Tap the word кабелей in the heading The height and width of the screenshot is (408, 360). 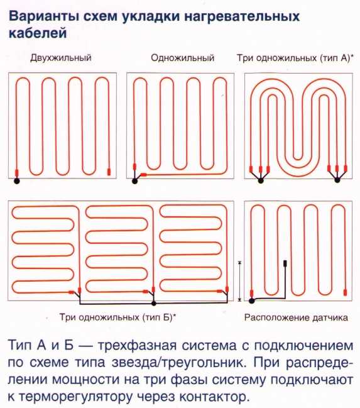(38, 33)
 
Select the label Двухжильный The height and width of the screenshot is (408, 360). (61, 58)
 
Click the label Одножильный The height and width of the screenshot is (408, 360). (183, 58)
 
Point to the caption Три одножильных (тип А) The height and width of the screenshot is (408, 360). (295, 58)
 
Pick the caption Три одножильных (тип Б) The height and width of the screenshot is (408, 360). (117, 317)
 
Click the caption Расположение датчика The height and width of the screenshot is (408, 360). (296, 317)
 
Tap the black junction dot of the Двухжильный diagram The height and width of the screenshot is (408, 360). (16, 181)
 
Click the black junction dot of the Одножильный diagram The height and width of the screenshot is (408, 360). (134, 181)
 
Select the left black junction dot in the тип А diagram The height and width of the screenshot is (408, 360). (260, 180)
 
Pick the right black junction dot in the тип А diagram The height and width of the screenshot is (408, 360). (337, 180)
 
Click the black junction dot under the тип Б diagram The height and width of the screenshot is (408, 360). (154, 304)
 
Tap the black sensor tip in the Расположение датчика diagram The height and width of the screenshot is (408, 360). (285, 263)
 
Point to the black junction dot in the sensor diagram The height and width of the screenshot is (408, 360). (251, 301)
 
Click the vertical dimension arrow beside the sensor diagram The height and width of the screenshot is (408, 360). (240, 281)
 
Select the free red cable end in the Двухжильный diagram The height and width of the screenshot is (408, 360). (109, 172)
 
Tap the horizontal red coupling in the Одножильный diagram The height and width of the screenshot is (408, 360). (143, 175)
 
